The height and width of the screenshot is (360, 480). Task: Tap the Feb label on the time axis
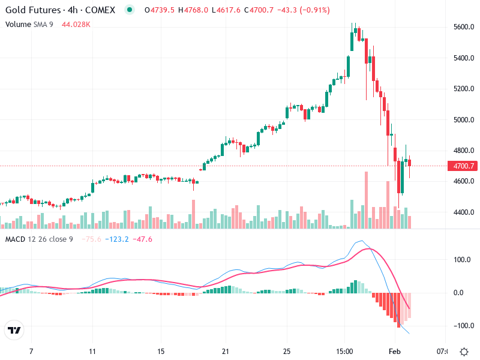(394, 351)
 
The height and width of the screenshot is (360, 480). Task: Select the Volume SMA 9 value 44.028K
(76, 24)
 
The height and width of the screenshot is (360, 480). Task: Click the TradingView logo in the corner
(14, 331)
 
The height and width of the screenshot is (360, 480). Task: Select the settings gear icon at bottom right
(464, 351)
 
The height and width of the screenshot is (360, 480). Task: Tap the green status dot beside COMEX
(130, 10)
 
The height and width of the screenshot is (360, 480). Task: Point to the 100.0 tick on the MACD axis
(460, 260)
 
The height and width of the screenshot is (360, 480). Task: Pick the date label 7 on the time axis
(31, 351)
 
